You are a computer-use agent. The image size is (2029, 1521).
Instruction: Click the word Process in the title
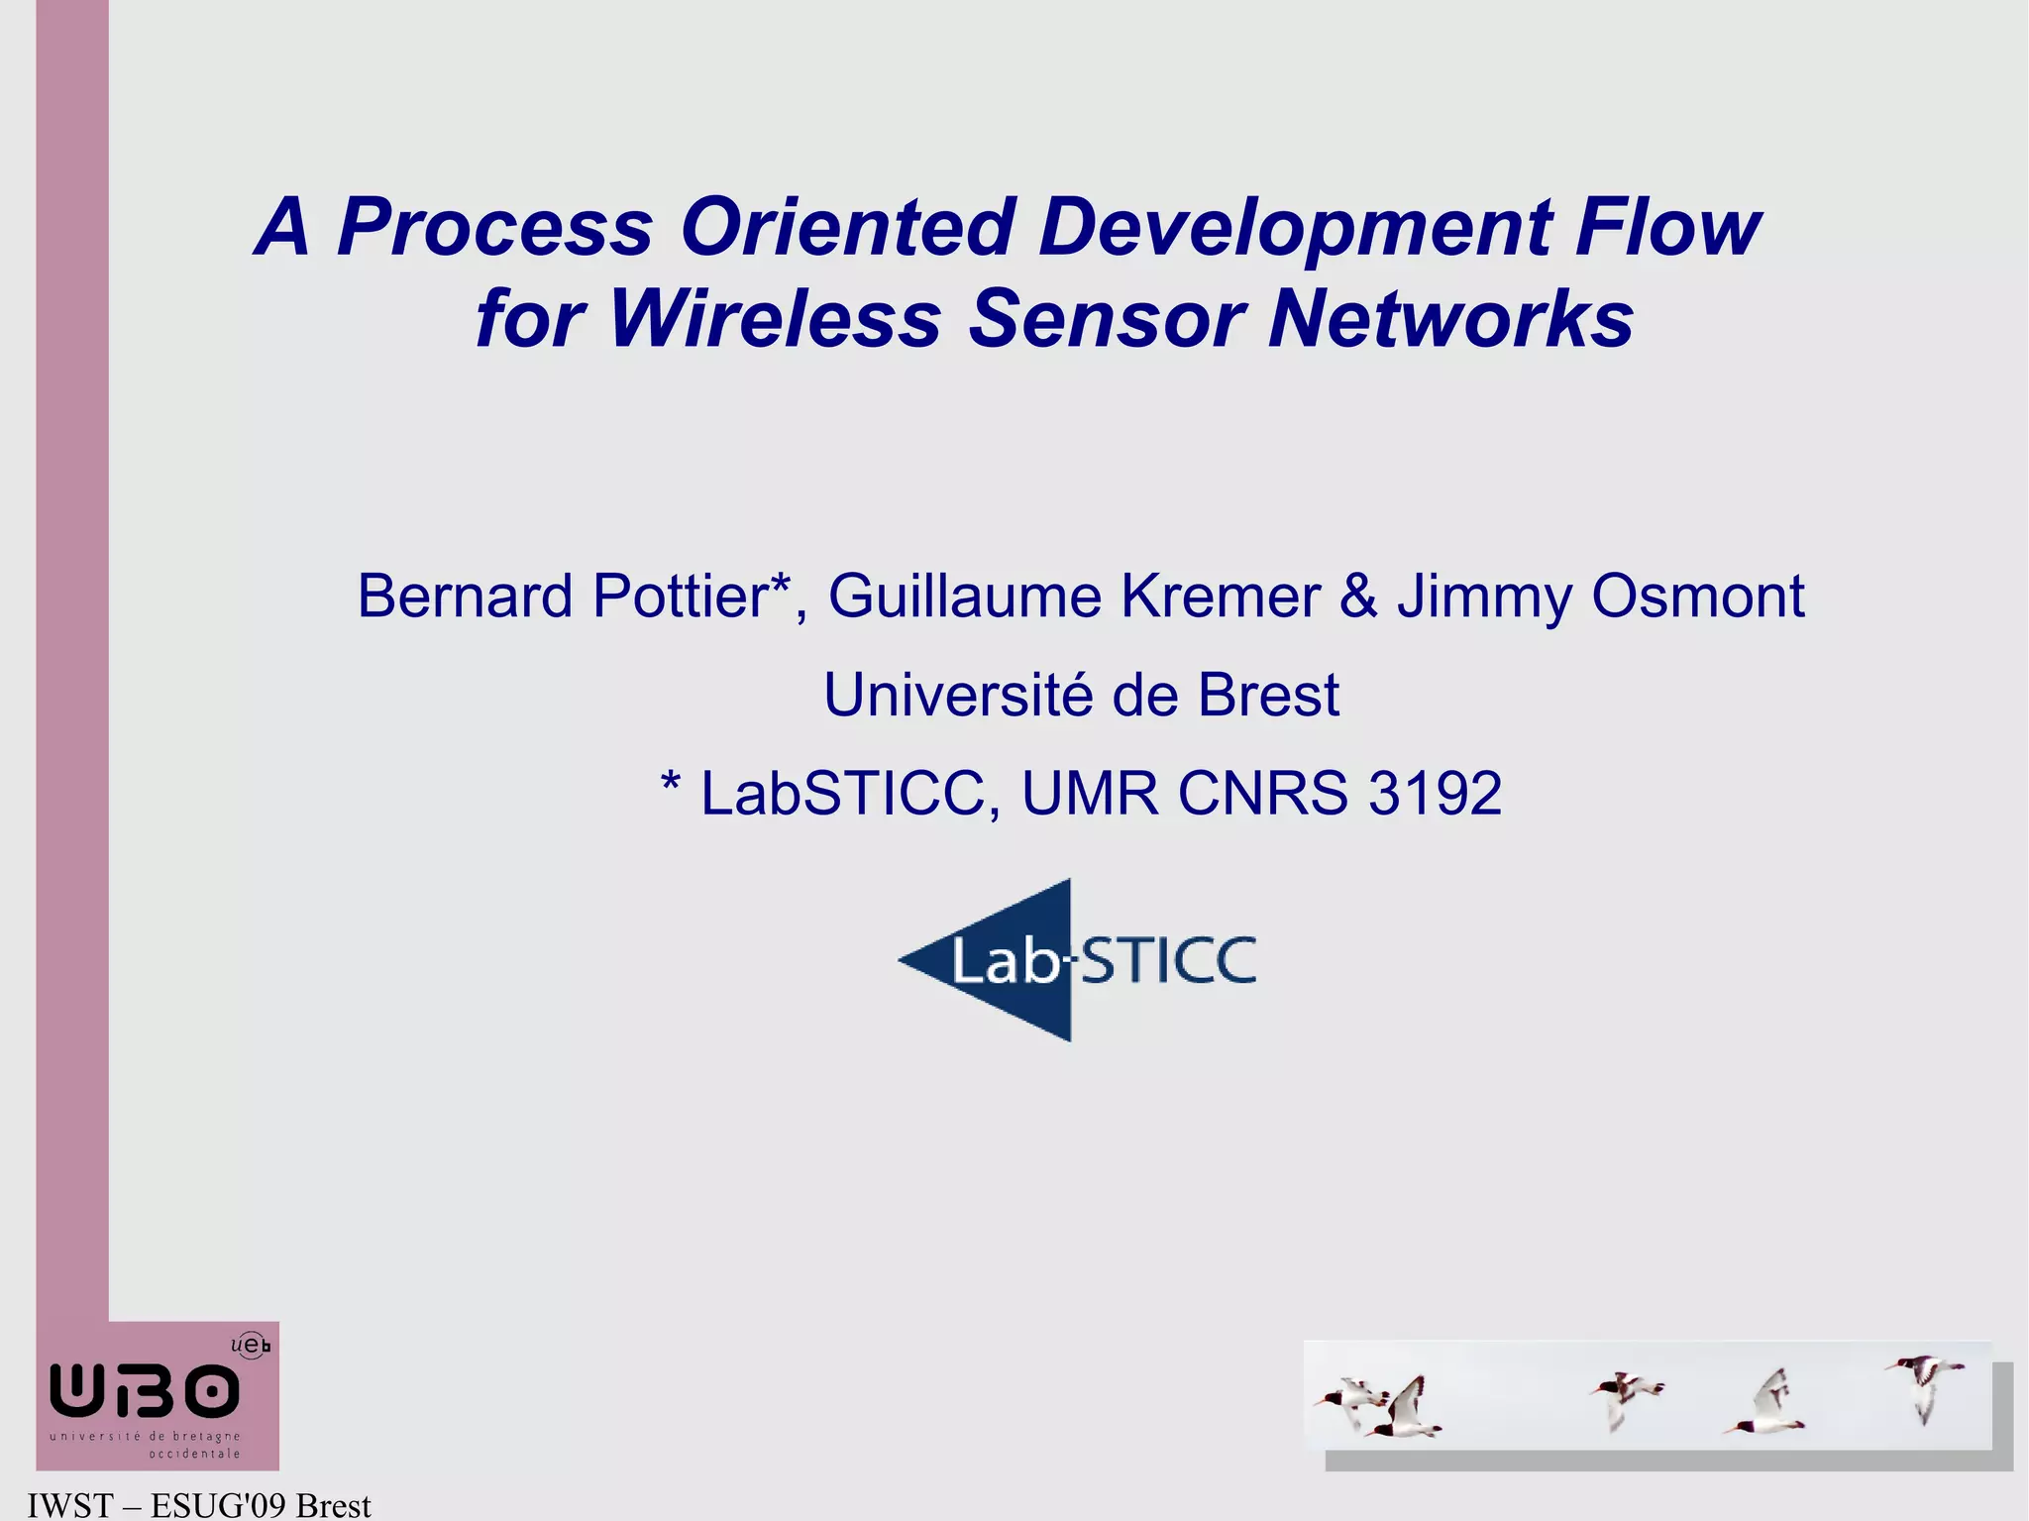point(494,228)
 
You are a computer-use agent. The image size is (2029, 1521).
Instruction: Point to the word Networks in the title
point(1450,319)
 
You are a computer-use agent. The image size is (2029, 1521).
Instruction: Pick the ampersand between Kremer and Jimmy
point(1358,597)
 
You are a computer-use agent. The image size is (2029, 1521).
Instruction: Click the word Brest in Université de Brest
point(1268,696)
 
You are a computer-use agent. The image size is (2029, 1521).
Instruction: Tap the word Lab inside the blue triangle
point(1005,962)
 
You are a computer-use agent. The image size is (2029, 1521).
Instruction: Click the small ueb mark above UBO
point(250,1345)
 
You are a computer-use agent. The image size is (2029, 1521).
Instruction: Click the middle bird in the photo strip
point(1625,1397)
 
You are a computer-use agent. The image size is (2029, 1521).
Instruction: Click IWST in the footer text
point(69,1506)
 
